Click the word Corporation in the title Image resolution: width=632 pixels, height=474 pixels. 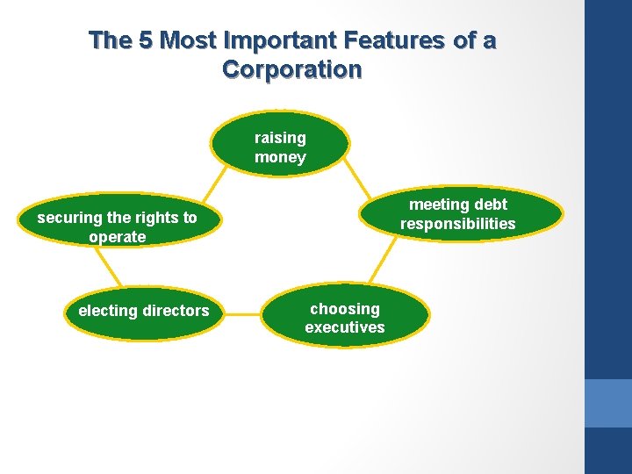[x=292, y=69]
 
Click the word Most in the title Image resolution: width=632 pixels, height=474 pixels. [x=189, y=40]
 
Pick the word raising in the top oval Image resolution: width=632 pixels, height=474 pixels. [x=280, y=138]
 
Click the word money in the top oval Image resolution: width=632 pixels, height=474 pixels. [x=280, y=157]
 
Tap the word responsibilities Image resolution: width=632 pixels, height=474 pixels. [x=457, y=224]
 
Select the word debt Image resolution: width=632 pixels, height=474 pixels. [x=488, y=205]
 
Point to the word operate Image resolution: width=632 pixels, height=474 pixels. [x=117, y=237]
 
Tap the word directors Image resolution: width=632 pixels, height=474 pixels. [x=176, y=311]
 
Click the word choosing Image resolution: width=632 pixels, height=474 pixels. [x=345, y=309]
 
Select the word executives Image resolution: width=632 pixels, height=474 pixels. [x=345, y=327]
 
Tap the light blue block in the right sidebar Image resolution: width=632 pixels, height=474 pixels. [x=608, y=403]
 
